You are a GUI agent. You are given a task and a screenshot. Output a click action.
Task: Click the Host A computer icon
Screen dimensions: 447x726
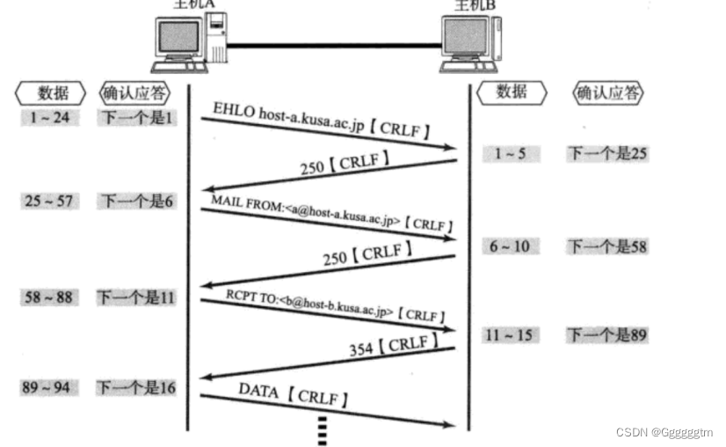(x=190, y=42)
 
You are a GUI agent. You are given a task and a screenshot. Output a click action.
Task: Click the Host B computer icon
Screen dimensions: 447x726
(x=471, y=42)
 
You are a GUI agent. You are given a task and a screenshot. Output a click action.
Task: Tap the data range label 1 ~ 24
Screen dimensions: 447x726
(x=49, y=117)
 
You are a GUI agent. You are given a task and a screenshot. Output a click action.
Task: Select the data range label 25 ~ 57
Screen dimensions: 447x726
(x=49, y=201)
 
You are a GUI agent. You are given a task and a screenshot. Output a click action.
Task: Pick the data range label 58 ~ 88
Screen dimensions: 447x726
(x=49, y=297)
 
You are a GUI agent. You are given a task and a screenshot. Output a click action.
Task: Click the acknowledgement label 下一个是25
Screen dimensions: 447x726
(x=606, y=153)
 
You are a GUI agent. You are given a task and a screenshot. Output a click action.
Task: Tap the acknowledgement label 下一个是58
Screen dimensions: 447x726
(x=606, y=245)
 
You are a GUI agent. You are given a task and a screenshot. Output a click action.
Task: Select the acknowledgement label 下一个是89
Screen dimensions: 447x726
(x=606, y=334)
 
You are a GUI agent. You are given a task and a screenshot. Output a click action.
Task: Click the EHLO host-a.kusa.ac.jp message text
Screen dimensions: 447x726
(x=321, y=121)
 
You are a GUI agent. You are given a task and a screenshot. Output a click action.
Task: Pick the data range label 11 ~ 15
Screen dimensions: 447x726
(x=511, y=334)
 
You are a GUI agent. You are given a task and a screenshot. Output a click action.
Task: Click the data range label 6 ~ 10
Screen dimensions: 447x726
(x=510, y=245)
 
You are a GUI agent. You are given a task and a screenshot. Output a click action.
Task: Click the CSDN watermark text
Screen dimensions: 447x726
(x=664, y=432)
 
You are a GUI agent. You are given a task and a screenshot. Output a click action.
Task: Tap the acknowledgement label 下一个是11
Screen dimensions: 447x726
(x=136, y=297)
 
